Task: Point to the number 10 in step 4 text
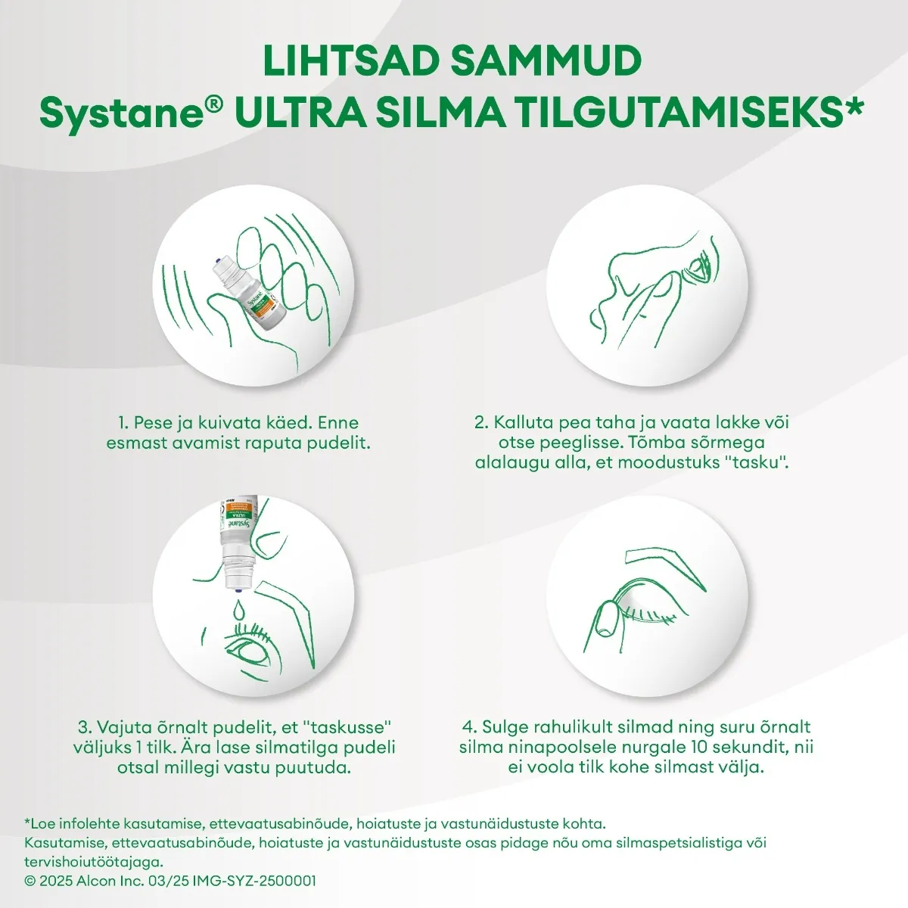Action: point(701,747)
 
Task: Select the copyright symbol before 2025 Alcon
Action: point(30,881)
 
